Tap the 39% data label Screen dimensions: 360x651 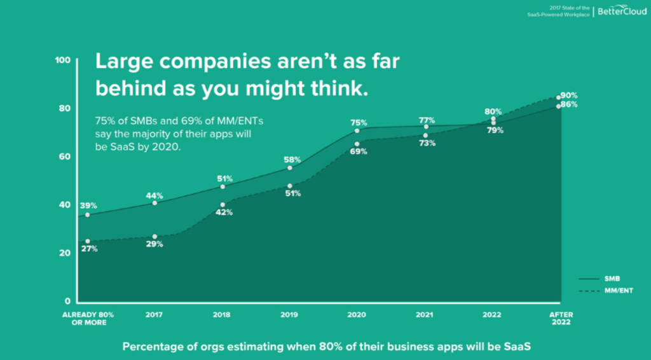pos(88,205)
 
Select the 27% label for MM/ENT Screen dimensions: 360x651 pos(89,249)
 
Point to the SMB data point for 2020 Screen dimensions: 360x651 pos(357,131)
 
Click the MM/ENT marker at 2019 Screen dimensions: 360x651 pos(290,186)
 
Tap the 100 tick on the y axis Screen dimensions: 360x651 pos(62,60)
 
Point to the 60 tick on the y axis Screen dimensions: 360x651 pos(64,156)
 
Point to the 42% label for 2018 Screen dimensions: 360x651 pos(223,212)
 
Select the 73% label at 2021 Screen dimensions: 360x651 pos(427,143)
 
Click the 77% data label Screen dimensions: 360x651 pos(427,120)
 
